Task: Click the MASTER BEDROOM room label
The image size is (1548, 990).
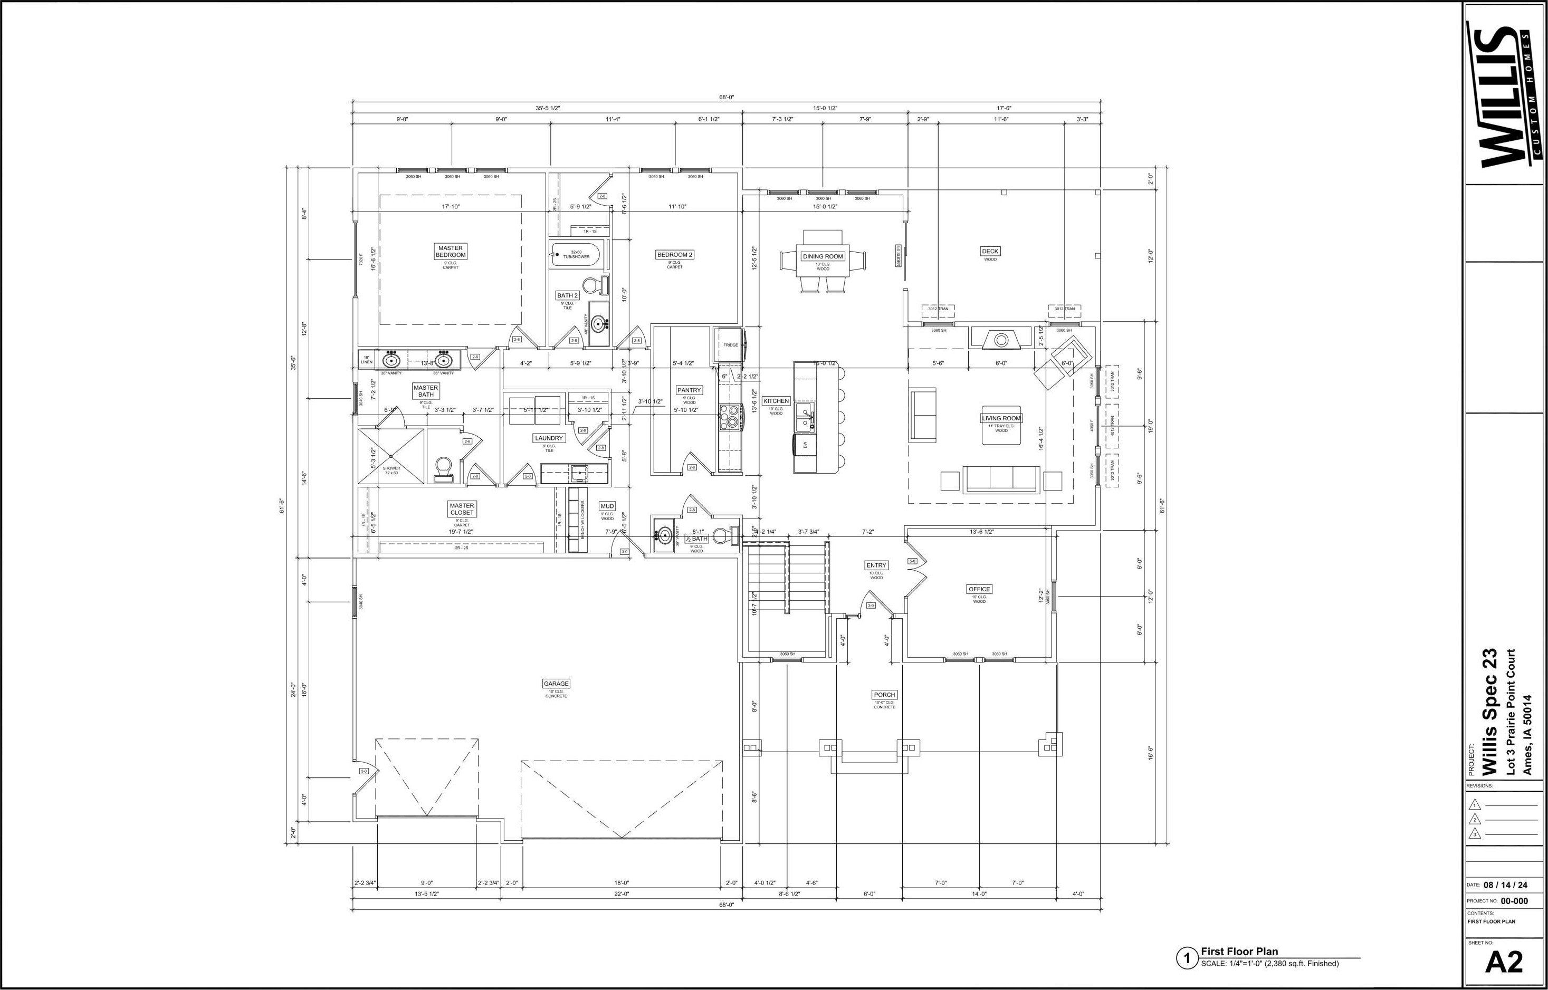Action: click(x=451, y=252)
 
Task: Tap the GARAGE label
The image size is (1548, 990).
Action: click(x=556, y=684)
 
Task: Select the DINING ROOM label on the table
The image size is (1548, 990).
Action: click(x=823, y=256)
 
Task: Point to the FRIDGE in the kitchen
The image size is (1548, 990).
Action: click(x=730, y=345)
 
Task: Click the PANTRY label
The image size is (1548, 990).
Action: click(x=689, y=390)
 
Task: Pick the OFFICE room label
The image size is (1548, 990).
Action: click(x=979, y=589)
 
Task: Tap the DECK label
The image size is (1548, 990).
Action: click(x=990, y=252)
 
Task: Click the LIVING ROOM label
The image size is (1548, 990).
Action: click(x=1001, y=418)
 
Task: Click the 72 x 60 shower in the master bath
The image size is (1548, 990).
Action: click(x=391, y=456)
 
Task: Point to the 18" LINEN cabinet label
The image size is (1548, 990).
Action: click(x=367, y=360)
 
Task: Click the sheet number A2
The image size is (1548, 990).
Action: click(x=1505, y=963)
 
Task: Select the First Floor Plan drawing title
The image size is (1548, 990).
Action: click(x=1239, y=951)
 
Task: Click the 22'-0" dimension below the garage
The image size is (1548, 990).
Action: click(x=621, y=893)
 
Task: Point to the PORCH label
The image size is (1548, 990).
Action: click(x=885, y=695)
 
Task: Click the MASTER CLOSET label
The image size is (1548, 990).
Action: click(x=462, y=509)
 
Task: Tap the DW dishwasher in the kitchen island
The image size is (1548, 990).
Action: click(x=805, y=444)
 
